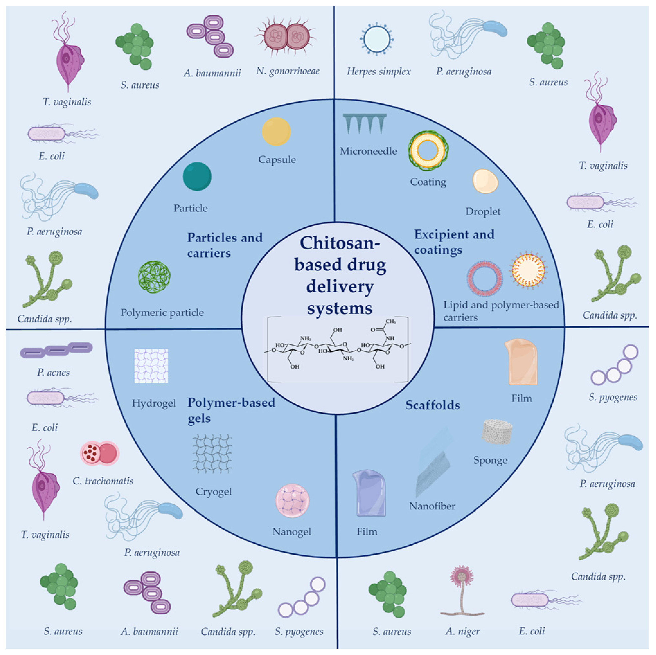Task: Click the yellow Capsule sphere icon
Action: (276, 132)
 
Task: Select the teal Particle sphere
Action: (197, 177)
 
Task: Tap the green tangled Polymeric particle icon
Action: (154, 277)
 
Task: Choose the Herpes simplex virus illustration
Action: (376, 39)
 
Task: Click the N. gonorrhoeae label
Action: (288, 71)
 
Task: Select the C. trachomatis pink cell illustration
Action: (100, 453)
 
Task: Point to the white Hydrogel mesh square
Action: (151, 366)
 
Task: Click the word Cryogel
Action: (214, 492)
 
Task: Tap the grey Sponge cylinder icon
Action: (497, 432)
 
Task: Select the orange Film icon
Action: (521, 362)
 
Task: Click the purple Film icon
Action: (369, 493)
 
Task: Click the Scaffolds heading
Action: (433, 405)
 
